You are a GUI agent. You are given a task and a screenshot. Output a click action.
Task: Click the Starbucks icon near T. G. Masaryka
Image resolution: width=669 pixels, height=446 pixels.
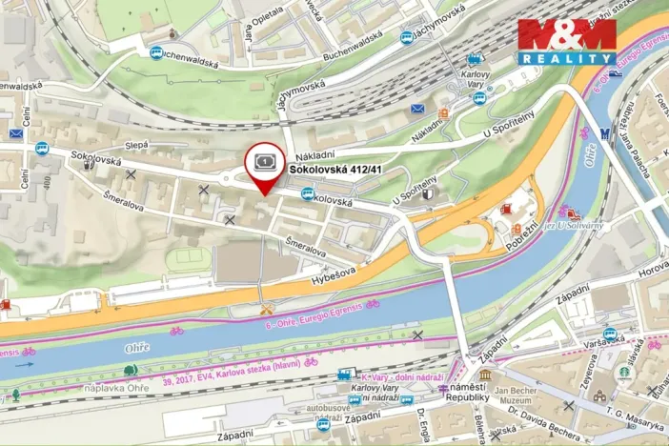[625, 372]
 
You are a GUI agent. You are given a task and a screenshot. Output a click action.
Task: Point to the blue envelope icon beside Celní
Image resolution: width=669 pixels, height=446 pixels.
[16, 133]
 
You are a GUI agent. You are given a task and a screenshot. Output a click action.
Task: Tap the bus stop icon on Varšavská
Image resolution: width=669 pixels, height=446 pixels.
[610, 334]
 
